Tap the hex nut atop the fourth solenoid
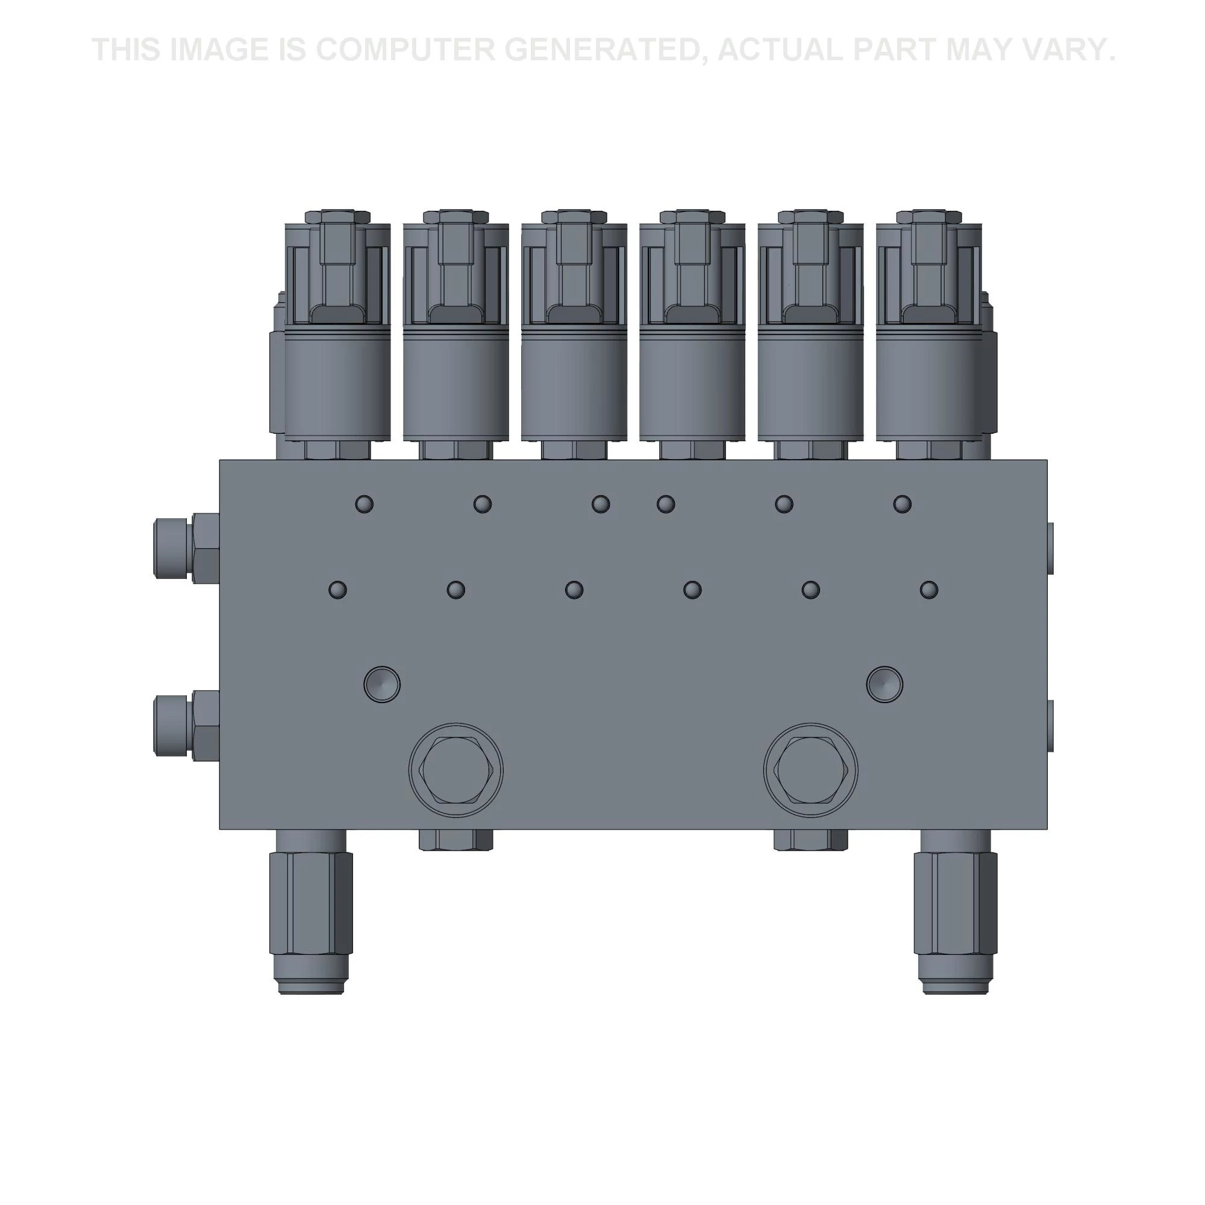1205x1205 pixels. (692, 217)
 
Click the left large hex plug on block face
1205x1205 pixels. (456, 770)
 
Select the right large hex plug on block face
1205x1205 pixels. (811, 770)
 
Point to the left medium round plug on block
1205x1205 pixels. (382, 684)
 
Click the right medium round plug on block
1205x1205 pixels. (884, 684)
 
